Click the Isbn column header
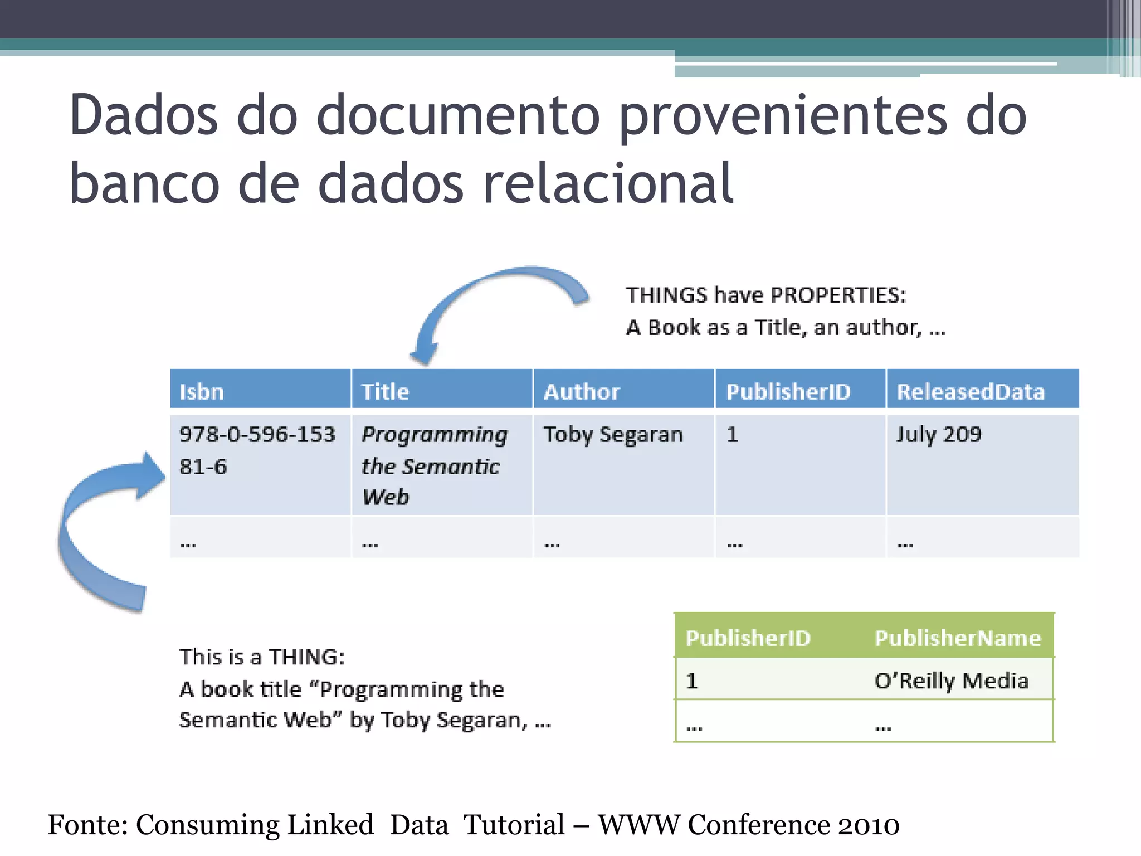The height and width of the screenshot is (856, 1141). click(202, 392)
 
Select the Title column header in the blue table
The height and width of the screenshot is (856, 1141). click(385, 392)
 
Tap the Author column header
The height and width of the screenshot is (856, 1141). click(582, 392)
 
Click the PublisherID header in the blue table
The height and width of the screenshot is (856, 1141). click(788, 392)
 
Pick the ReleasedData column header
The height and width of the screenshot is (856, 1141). click(971, 392)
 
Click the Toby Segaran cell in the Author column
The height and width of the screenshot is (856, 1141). click(613, 435)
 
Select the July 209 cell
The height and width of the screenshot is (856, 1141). click(939, 435)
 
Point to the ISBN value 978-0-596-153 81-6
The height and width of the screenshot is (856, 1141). click(257, 450)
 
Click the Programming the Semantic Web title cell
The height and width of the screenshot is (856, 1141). click(434, 465)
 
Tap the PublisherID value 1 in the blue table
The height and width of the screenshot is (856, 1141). click(732, 435)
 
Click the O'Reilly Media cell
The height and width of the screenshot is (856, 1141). click(951, 681)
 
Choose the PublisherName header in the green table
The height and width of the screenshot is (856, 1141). click(958, 638)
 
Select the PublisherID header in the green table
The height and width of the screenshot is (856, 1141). click(748, 638)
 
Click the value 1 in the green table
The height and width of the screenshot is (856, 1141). click(692, 681)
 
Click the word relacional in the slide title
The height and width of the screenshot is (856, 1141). click(608, 183)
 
